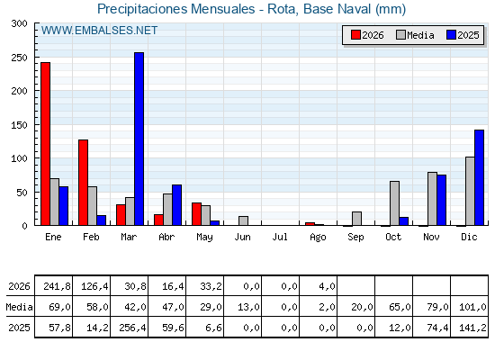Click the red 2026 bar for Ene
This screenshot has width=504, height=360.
(45, 144)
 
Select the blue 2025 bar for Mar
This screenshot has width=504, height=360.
(139, 139)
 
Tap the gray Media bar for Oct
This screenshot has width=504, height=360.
(395, 203)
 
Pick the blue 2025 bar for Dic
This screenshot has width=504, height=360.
(479, 177)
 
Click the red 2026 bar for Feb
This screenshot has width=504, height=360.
(83, 183)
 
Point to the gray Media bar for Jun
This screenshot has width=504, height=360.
(243, 220)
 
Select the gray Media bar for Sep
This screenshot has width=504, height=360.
(356, 219)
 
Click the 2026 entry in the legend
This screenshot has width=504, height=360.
(367, 35)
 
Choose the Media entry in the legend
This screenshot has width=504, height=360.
(415, 35)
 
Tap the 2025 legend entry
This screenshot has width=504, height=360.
(463, 35)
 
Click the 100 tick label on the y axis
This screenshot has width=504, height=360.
(19, 158)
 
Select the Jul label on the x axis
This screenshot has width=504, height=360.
(280, 238)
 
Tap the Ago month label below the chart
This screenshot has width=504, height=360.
(318, 238)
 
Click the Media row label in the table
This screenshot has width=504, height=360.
(19, 307)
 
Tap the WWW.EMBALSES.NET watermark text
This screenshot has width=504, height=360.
(99, 31)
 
